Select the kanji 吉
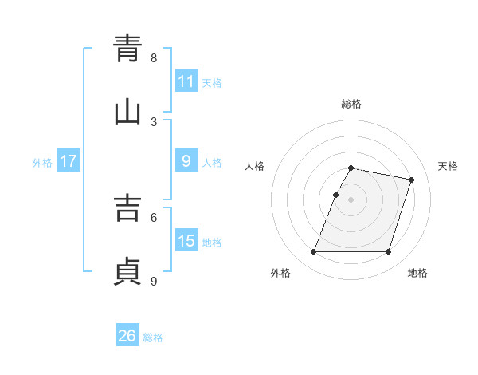click(127, 207)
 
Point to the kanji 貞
click(127, 270)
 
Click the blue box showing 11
click(186, 81)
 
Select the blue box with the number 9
click(186, 161)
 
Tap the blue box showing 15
click(186, 241)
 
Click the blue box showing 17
click(69, 161)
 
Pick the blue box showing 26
click(127, 337)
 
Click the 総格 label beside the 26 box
click(153, 337)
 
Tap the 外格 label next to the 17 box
click(42, 162)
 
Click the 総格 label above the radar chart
click(351, 104)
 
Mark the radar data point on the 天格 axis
click(412, 180)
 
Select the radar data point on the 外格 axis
click(313, 252)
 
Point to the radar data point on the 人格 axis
click(335, 195)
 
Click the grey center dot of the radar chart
click(351, 199)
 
